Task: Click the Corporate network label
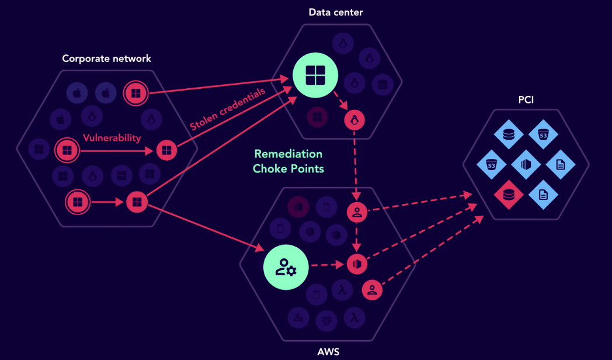click(106, 58)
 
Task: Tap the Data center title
click(336, 12)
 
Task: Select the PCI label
click(526, 100)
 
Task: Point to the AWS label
click(328, 352)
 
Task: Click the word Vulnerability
click(112, 138)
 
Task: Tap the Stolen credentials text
click(227, 109)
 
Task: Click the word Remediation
click(288, 154)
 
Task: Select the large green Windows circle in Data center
click(315, 75)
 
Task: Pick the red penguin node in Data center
click(354, 120)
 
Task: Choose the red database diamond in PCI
click(509, 195)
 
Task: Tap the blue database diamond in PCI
click(509, 135)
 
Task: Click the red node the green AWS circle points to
click(356, 264)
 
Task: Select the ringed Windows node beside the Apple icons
click(135, 92)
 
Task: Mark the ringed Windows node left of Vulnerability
click(67, 151)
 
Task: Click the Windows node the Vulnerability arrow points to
click(166, 151)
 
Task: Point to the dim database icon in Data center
click(382, 83)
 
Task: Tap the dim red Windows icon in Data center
click(317, 117)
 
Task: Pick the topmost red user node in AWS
click(356, 213)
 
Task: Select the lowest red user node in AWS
click(372, 289)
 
